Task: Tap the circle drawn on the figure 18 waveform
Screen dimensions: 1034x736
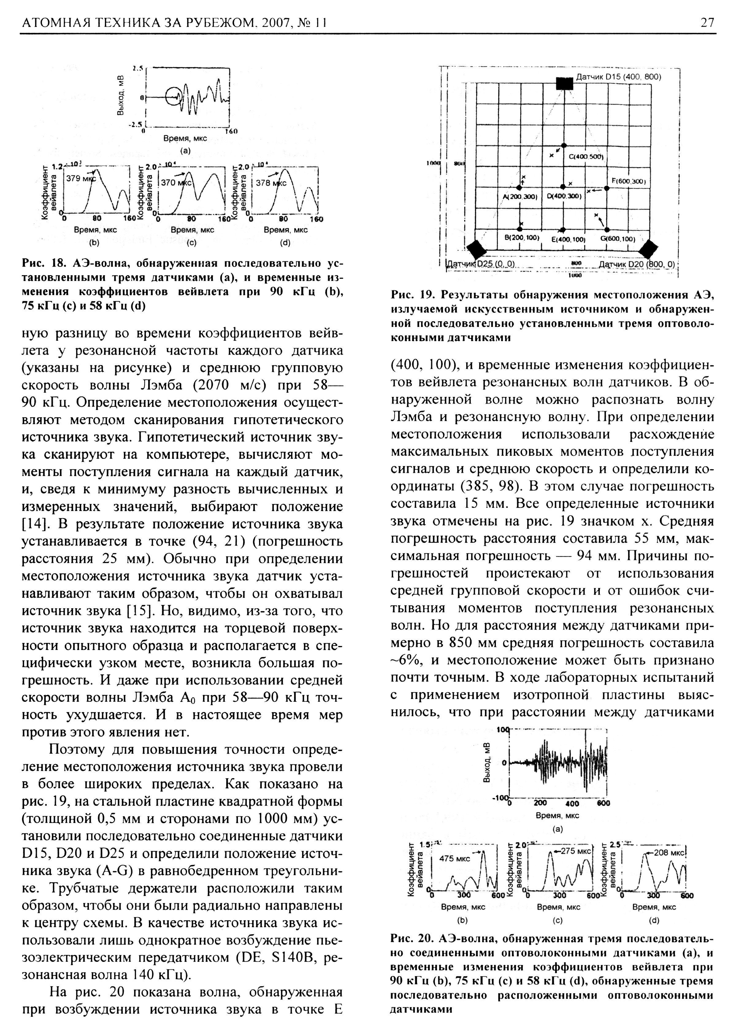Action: tap(173, 96)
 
